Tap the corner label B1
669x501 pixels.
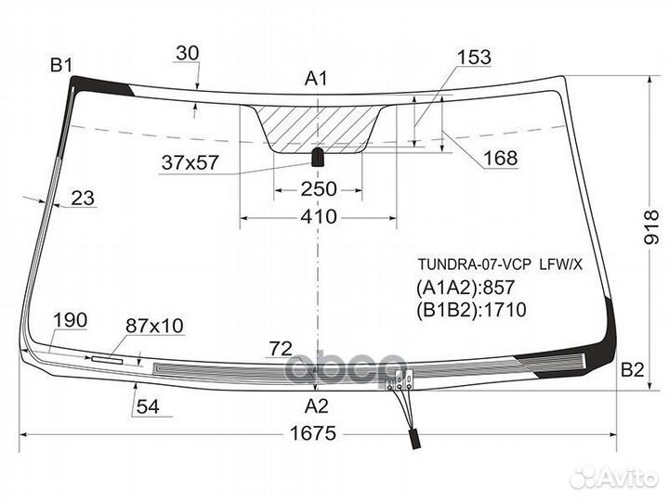coord(61,65)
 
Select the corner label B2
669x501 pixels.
coord(632,369)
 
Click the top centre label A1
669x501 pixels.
coord(317,79)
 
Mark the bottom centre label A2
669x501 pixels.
coord(317,405)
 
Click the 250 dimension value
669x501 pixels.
coord(318,189)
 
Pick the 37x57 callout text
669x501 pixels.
coord(190,162)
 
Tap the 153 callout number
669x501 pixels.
coord(474,58)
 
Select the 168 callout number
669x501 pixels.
coord(500,160)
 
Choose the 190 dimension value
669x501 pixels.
coord(70,321)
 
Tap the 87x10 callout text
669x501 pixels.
coord(154,326)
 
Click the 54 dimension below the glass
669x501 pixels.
coord(147,405)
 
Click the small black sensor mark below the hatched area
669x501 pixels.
coord(318,155)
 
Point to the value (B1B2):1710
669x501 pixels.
coord(471,310)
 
